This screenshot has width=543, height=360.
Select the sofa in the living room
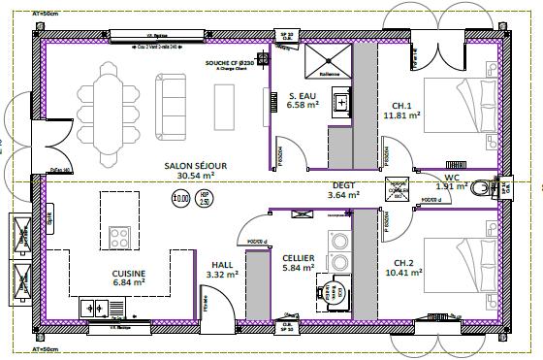pos(177,97)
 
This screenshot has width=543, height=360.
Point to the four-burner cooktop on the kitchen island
pos(121,238)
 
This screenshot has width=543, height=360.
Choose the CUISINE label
pos(129,274)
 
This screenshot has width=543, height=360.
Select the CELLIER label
pos(297,257)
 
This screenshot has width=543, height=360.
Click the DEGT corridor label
pos(343,184)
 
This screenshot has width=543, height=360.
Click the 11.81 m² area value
pos(401,115)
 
